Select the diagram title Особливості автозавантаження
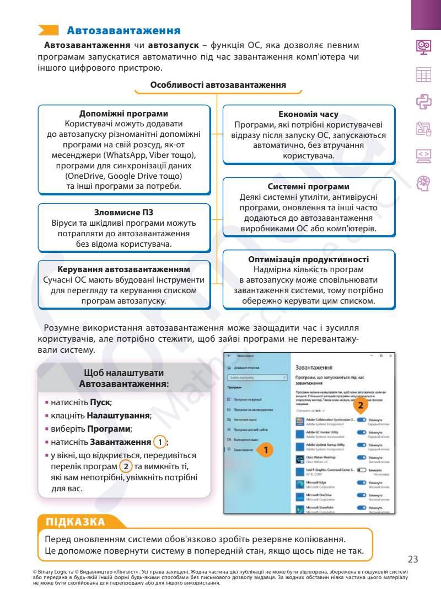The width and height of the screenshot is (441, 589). (218, 85)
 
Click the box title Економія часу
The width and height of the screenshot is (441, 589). (309, 115)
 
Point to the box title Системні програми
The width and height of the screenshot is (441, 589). (309, 187)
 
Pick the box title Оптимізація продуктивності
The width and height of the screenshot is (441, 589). (309, 259)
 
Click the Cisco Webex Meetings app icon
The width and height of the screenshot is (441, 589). (301, 458)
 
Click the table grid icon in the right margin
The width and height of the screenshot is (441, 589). (423, 74)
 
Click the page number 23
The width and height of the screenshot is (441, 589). (412, 559)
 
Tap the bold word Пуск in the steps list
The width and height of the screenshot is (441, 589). (100, 402)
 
